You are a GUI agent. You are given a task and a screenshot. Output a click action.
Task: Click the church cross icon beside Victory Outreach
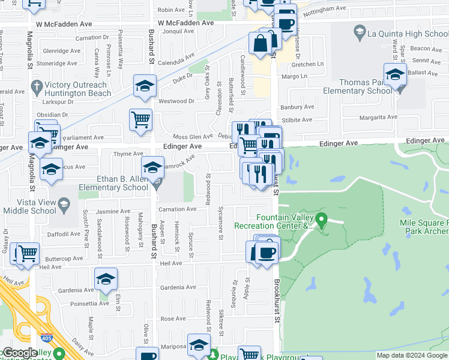[x=37, y=85]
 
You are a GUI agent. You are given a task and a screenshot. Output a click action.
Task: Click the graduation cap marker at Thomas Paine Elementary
[x=395, y=75]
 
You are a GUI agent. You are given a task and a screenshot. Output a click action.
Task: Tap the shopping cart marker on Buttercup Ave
[x=28, y=253]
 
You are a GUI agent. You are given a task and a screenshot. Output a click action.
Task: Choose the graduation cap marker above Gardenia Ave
[x=106, y=278]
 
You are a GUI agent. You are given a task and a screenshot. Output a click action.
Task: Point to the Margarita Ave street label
[x=378, y=118]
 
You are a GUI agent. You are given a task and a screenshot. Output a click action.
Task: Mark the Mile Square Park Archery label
[x=424, y=227]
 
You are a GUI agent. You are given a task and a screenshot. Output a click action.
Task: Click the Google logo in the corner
[x=20, y=353]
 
